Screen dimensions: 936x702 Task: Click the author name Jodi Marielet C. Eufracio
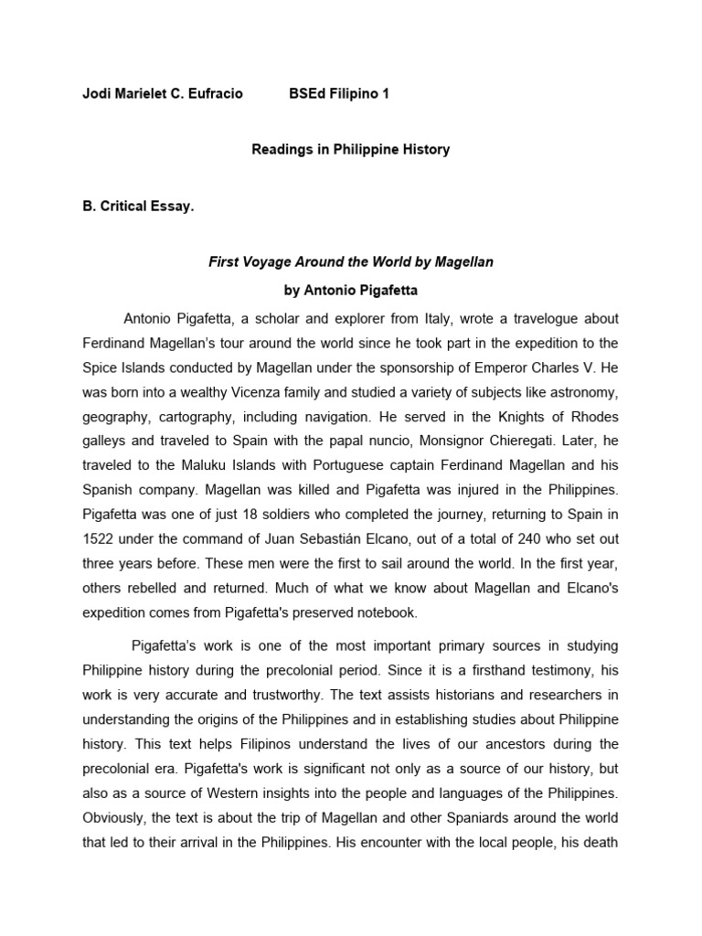pyautogui.click(x=163, y=94)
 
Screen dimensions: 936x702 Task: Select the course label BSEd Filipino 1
pyautogui.click(x=339, y=94)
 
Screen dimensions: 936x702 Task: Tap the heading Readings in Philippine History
pyautogui.click(x=351, y=149)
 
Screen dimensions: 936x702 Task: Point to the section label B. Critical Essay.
pyautogui.click(x=138, y=207)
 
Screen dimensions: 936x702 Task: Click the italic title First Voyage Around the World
pyautogui.click(x=351, y=262)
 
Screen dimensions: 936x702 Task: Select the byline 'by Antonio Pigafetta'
pyautogui.click(x=351, y=291)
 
